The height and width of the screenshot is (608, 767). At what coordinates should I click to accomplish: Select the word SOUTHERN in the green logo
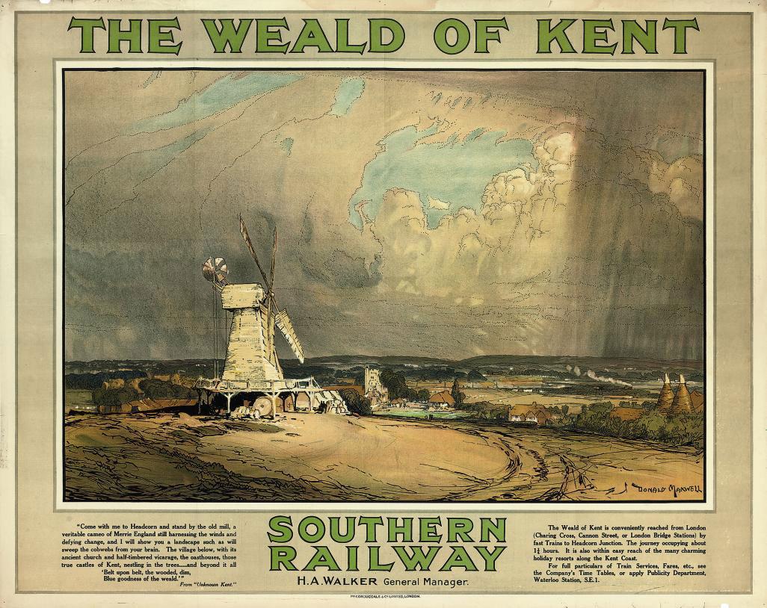click(x=386, y=530)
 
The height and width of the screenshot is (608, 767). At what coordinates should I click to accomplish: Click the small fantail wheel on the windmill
click(x=215, y=270)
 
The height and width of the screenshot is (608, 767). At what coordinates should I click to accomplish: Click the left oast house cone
click(x=665, y=393)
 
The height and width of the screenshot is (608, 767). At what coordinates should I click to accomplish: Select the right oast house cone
click(x=682, y=395)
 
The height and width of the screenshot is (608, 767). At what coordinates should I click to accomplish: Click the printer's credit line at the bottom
click(x=386, y=598)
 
